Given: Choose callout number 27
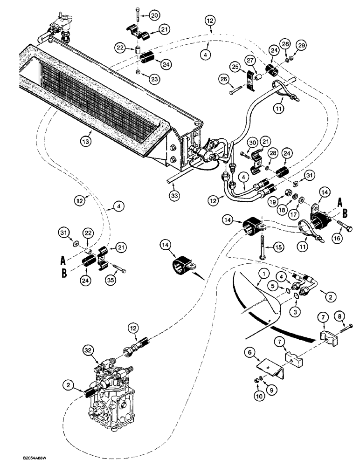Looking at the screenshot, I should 249,61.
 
